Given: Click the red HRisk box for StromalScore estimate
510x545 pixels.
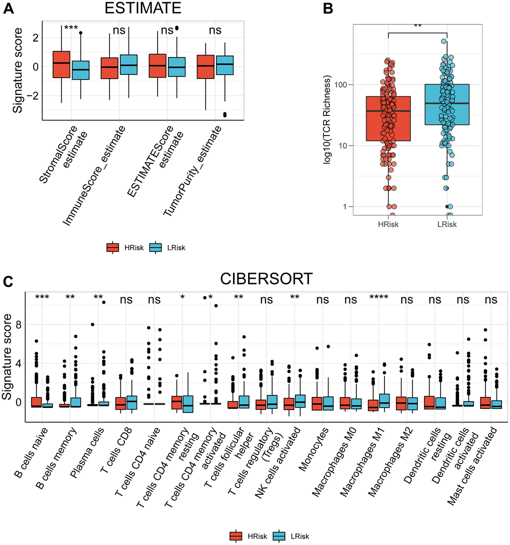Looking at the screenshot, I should point(61,64).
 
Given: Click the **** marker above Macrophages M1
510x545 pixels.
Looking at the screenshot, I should point(379,299).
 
